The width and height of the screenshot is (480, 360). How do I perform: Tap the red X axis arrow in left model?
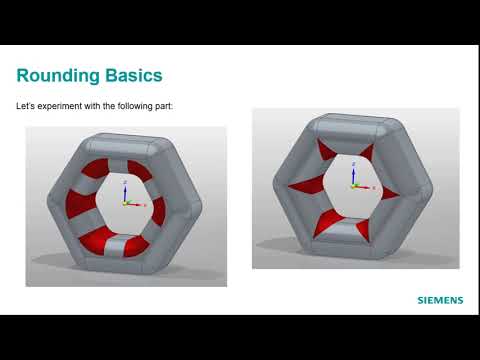141,204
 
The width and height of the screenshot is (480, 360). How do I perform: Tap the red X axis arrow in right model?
369,188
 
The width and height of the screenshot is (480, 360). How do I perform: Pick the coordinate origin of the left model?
124,203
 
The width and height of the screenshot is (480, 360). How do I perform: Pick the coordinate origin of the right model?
353,187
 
